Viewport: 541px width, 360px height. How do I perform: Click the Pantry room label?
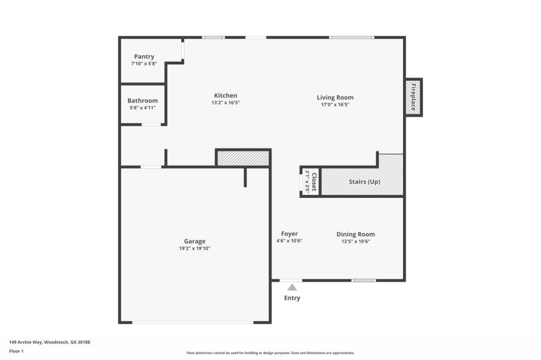click(x=144, y=56)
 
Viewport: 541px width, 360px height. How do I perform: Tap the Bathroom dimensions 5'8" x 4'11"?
click(x=142, y=108)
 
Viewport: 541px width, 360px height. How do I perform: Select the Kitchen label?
click(x=225, y=96)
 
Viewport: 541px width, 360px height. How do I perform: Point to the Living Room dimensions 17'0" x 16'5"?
click(x=335, y=105)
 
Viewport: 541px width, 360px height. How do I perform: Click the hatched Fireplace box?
click(x=413, y=97)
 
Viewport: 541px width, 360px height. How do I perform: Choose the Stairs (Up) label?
click(x=364, y=182)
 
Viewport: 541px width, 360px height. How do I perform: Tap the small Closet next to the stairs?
click(x=311, y=182)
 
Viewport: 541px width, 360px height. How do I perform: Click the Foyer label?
click(x=289, y=234)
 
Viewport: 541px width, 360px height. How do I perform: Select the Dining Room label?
click(x=356, y=234)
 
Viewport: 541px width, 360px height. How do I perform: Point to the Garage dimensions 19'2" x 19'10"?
click(x=194, y=248)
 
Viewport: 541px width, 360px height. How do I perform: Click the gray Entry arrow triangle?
click(x=292, y=287)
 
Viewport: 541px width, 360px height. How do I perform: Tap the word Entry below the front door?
click(x=292, y=298)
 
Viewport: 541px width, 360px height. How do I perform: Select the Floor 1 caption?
click(x=16, y=350)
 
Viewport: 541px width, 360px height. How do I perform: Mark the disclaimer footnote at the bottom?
click(x=270, y=353)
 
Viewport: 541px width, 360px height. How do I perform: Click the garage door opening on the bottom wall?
click(x=193, y=322)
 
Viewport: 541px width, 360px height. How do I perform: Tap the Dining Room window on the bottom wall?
click(x=364, y=280)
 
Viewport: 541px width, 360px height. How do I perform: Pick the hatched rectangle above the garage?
click(x=243, y=158)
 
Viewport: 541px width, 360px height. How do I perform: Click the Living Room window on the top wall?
click(x=351, y=37)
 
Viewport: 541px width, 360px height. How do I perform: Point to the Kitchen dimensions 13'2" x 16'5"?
click(x=225, y=103)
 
